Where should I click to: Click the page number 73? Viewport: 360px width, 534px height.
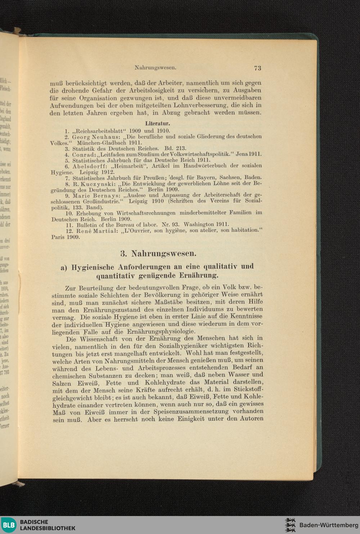pos(257,68)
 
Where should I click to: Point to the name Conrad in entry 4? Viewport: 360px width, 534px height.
pos(84,154)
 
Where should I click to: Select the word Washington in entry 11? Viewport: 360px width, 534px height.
pos(199,224)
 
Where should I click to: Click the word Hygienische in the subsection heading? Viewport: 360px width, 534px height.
pos(93,267)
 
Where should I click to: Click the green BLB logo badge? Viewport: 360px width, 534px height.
pos(8,525)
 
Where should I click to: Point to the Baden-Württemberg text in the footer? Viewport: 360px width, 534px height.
pos(329,525)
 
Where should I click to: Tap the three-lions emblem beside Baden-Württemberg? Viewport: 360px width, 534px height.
pos(290,525)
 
